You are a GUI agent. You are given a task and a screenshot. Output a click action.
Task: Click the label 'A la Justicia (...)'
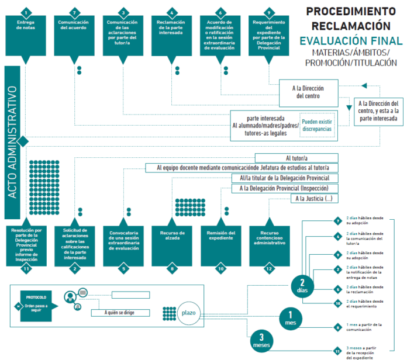coord(315,199)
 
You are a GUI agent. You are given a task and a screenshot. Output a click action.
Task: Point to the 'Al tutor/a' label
coord(296,158)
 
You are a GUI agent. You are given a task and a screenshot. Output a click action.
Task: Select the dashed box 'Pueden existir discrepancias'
coord(316,124)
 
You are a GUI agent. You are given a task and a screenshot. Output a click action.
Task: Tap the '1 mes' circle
coord(291,319)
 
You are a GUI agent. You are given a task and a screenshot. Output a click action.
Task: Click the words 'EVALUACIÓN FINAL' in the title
coord(350,41)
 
